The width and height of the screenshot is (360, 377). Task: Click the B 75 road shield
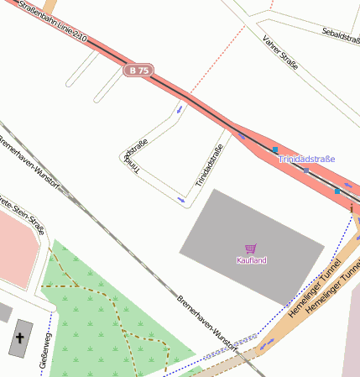138,71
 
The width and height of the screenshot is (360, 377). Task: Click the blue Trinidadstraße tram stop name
306,159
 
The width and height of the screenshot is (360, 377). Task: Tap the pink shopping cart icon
250,249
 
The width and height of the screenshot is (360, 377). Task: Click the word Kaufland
251,260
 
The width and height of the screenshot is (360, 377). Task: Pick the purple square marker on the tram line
305,170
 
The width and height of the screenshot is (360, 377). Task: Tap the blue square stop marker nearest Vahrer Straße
274,149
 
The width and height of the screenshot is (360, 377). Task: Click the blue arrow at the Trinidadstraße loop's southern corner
181,199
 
